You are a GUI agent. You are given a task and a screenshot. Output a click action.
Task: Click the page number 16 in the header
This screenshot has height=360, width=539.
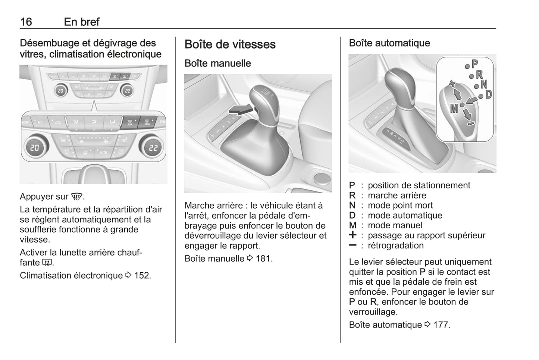pos(26,22)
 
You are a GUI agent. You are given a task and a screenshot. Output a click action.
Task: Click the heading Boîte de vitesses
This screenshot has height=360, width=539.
pos(230,44)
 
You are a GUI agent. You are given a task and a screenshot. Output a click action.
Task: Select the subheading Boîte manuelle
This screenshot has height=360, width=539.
pos(217,63)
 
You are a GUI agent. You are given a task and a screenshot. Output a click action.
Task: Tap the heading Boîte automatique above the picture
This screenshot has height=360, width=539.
pos(389,43)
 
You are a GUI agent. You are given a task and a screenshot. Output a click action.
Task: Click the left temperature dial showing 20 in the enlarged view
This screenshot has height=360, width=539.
pos(35,147)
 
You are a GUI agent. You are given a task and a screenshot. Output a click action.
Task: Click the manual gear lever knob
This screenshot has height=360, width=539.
pos(263,101)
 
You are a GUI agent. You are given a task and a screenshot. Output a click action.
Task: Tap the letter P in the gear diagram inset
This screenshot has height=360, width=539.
pos(474,64)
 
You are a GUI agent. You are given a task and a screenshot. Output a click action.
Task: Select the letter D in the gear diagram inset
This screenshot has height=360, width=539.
pos(488,94)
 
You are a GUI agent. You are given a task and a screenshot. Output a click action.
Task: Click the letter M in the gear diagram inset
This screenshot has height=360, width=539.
pos(454,108)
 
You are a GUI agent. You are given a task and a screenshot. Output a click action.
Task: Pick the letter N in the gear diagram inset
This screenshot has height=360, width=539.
pos(484,85)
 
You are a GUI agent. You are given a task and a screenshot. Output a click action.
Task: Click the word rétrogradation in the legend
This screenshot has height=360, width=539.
pos(395,245)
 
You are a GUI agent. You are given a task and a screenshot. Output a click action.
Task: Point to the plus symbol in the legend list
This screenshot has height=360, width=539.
pos(352,235)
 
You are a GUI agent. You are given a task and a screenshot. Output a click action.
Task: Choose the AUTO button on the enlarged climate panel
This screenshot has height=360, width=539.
pos(103,153)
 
